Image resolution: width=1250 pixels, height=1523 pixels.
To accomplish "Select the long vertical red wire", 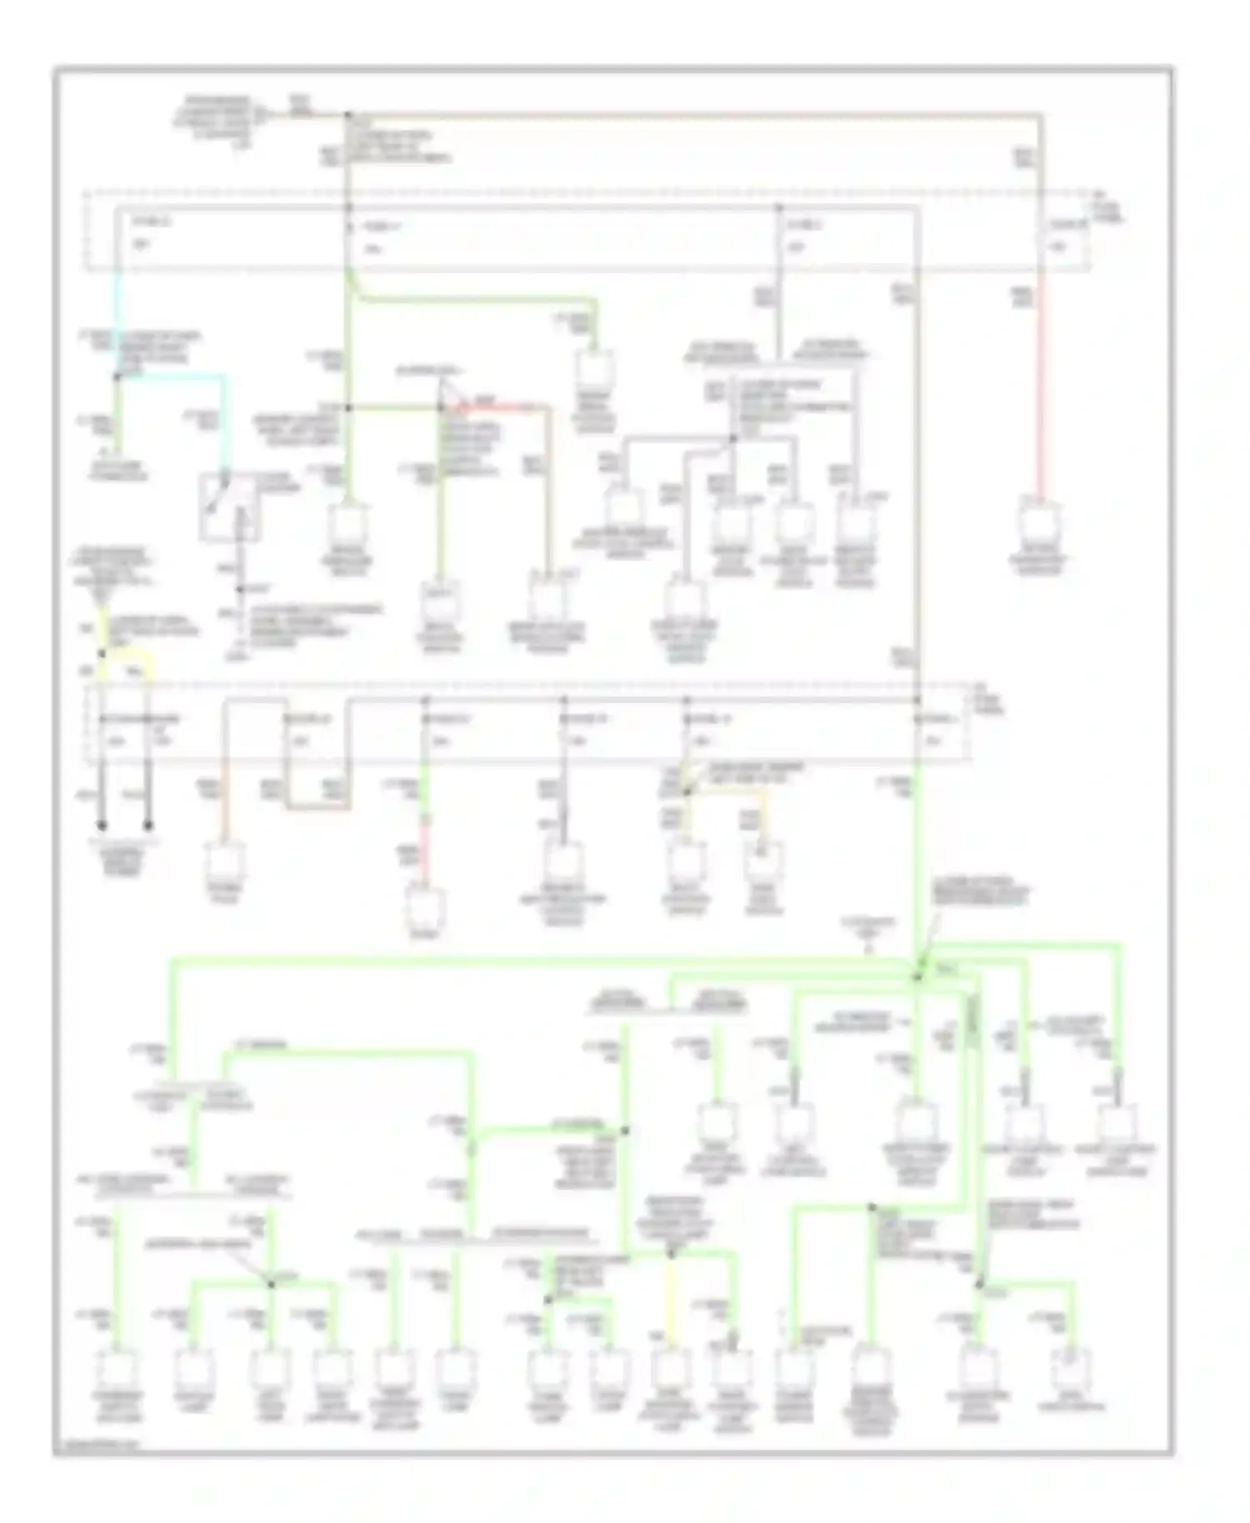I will coord(1040,392).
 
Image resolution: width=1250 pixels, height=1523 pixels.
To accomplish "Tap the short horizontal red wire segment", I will coord(500,407).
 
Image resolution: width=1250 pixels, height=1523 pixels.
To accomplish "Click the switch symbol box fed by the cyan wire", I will coord(229,507).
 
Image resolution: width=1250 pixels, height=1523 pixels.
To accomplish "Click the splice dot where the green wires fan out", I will coord(917,975).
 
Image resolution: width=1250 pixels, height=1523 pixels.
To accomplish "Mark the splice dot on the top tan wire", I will coord(348,114).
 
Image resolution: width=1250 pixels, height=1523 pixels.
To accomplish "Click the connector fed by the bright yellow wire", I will coord(668,1366).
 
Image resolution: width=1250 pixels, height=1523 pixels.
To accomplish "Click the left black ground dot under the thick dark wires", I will coord(102,826).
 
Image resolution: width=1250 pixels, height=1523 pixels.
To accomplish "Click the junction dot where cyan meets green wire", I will coord(117,377).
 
